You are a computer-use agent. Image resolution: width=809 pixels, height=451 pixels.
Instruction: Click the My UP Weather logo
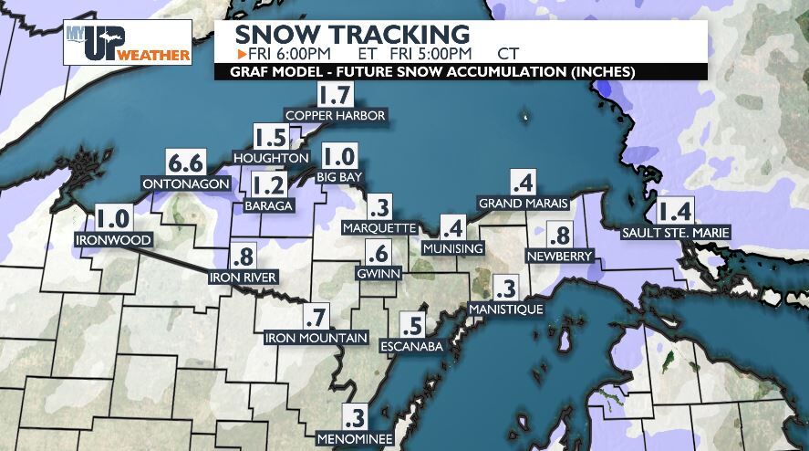tap(128, 42)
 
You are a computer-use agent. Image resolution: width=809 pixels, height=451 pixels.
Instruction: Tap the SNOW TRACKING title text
tap(352, 33)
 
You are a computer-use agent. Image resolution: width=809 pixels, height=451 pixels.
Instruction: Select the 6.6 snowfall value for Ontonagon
tap(185, 164)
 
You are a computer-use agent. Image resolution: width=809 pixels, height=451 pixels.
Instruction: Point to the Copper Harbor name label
tap(336, 116)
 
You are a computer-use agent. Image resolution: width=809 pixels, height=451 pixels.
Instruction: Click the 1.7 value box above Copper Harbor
tap(334, 93)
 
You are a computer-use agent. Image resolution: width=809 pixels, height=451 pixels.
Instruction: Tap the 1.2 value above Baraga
tap(269, 186)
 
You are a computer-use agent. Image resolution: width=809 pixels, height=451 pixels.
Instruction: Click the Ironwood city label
tap(113, 240)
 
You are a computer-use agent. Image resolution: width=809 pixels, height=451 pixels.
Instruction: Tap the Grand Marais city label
tap(523, 203)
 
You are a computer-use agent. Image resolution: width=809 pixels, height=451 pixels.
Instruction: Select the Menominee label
tap(355, 439)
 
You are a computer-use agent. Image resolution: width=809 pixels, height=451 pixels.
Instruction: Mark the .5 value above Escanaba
tap(416, 325)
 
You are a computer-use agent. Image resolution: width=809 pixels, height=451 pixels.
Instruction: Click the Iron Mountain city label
tap(316, 339)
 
